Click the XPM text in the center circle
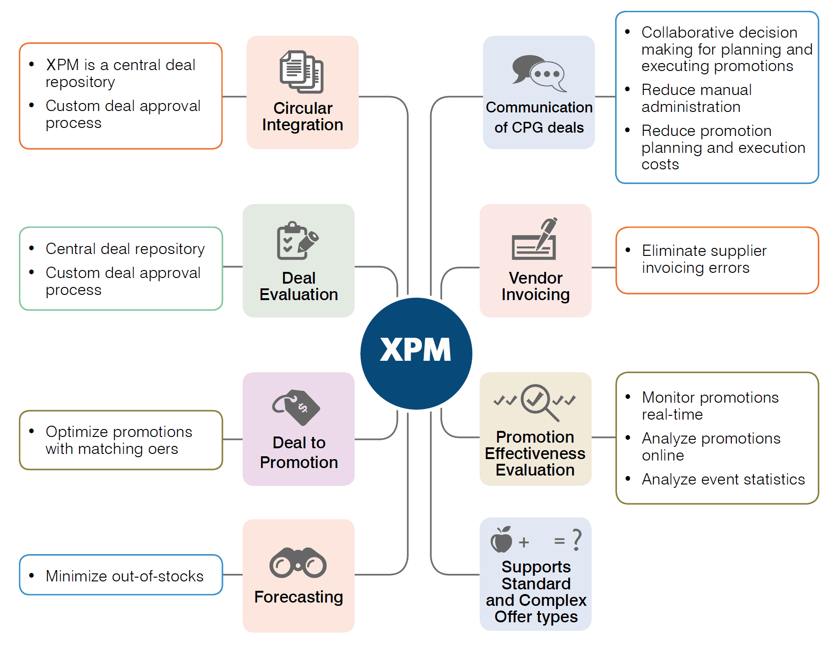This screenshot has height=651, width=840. coord(415,350)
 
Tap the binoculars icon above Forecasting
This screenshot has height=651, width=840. coord(298,563)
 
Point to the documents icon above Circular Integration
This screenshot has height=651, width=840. coord(302,72)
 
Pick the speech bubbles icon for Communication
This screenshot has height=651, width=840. coord(539,73)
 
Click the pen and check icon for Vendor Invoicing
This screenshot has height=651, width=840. coord(535,239)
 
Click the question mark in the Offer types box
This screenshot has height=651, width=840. coord(577,540)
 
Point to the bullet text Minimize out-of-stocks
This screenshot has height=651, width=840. coord(124,576)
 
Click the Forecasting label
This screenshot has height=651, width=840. coord(299,597)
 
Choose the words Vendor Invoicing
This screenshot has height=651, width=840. coord(535,286)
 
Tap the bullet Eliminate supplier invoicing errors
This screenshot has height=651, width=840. coord(704,259)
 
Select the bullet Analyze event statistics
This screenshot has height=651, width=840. coord(723,479)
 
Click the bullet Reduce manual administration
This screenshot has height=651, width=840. coord(696,98)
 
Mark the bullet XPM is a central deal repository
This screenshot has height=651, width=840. coord(120,73)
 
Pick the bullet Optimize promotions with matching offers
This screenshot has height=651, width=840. coord(119,440)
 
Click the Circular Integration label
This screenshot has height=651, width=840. coord(302,117)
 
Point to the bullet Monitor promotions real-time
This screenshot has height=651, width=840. coord(710,406)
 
